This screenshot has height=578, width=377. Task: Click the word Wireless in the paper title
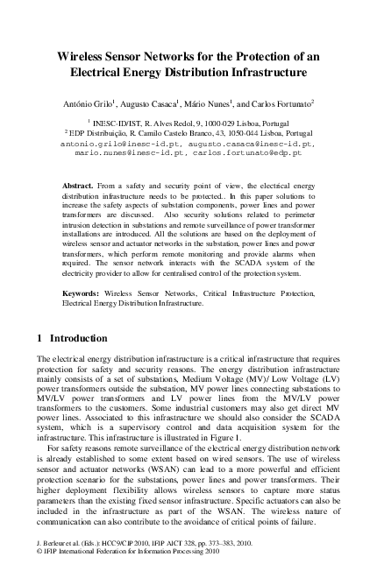point(82,53)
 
